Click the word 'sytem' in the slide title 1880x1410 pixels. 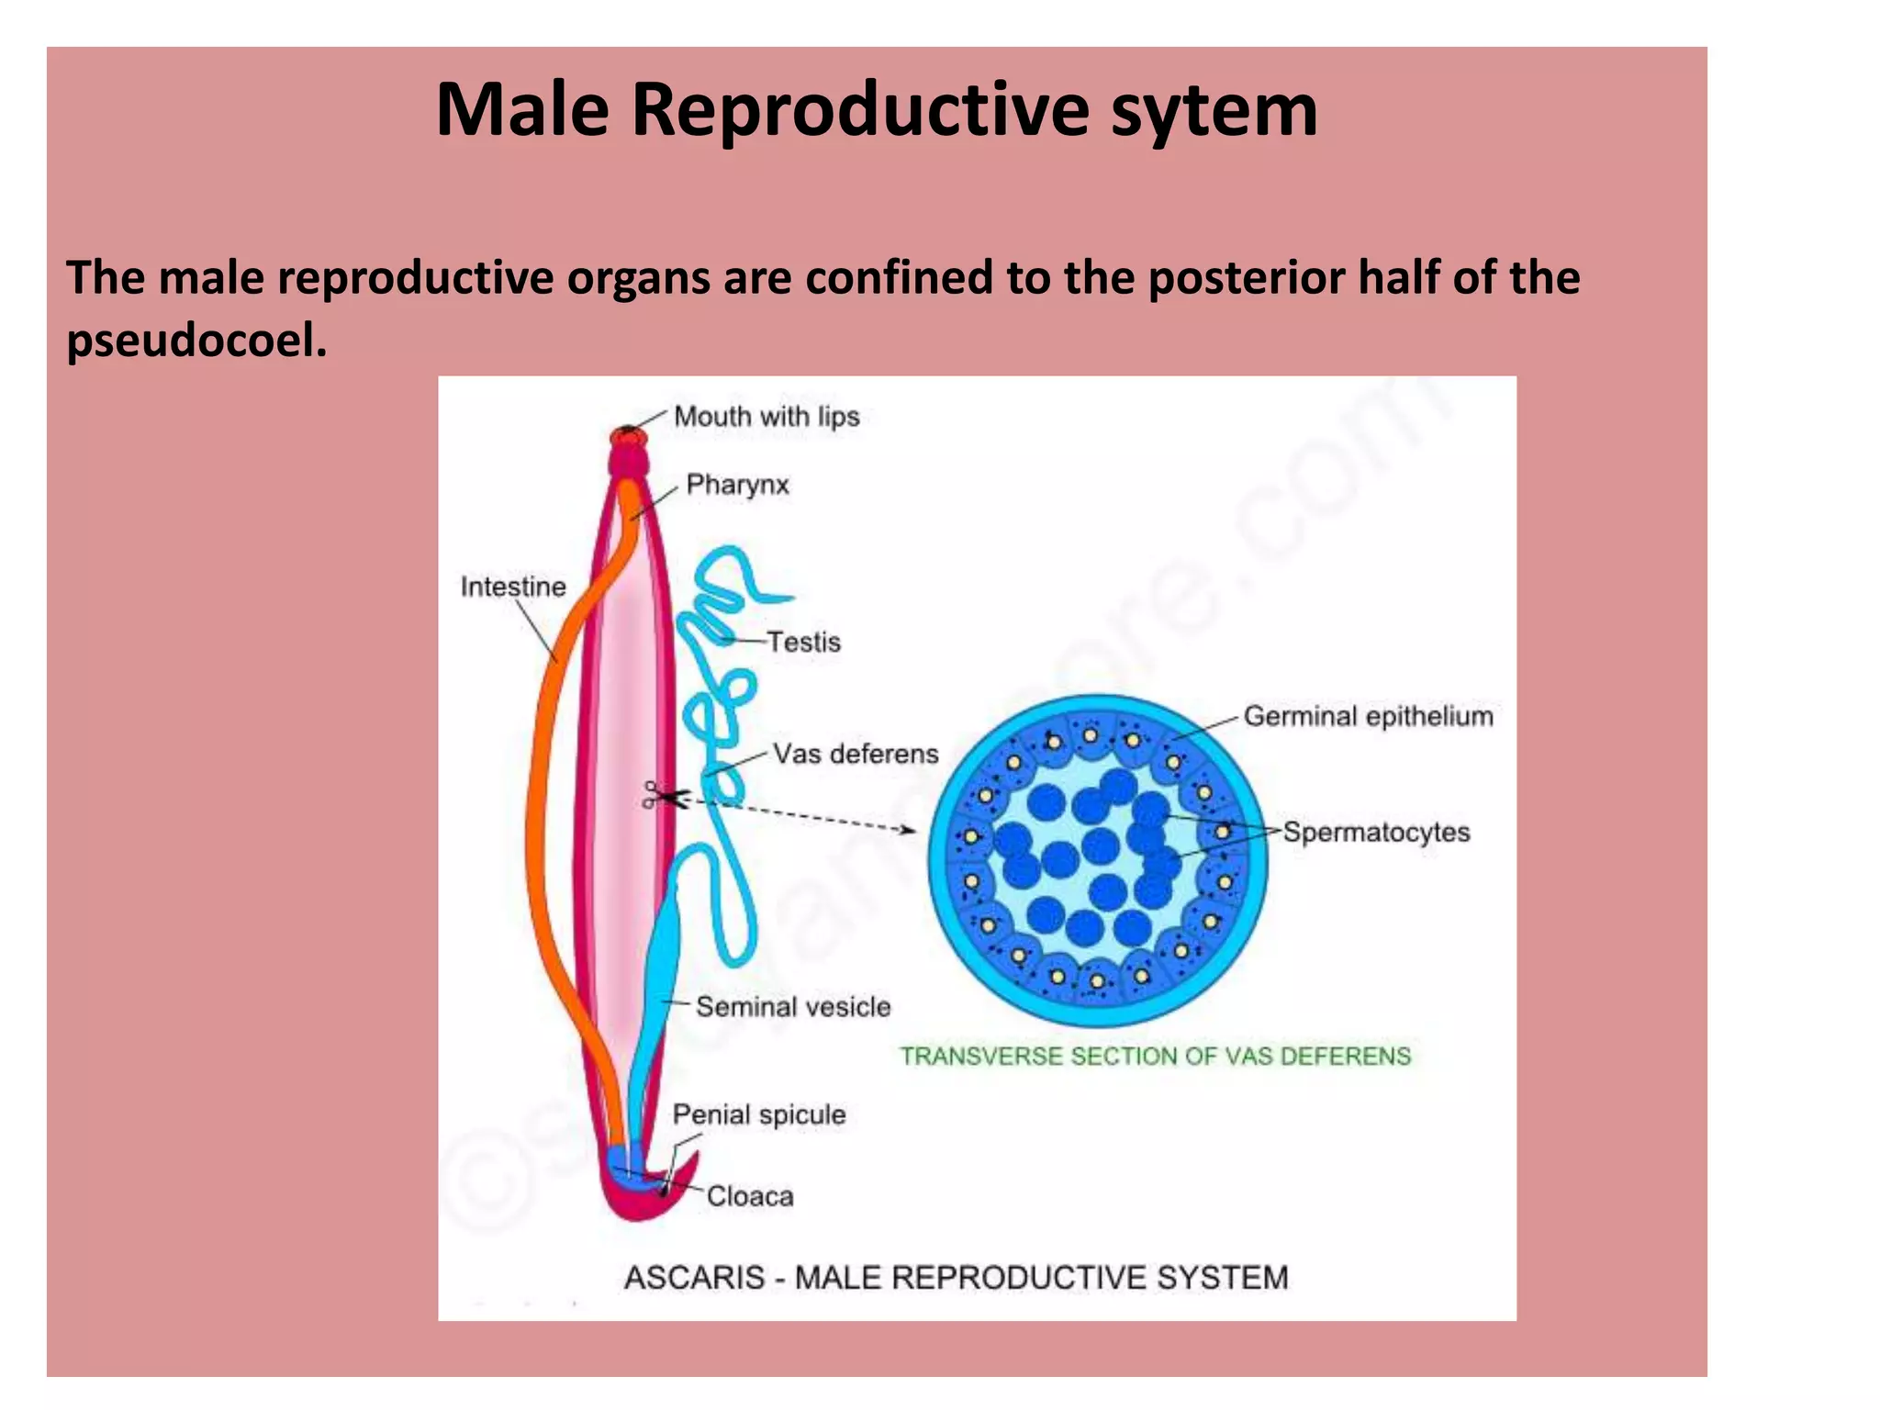[1214, 110]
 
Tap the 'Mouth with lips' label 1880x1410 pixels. [767, 417]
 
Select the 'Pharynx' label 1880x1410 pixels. [737, 485]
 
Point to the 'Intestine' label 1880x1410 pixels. [513, 587]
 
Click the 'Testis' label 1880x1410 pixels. [804, 642]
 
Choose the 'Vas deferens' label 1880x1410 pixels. [856, 754]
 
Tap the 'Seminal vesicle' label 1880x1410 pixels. [793, 1007]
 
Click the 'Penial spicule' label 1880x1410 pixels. [759, 1114]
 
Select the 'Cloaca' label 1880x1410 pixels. [750, 1196]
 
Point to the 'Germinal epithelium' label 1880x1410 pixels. [1368, 716]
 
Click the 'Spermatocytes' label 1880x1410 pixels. [1376, 833]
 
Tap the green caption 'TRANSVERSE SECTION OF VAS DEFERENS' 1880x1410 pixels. [1155, 1057]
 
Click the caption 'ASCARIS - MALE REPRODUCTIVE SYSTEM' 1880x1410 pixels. [957, 1277]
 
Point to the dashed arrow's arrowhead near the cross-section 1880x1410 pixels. [908, 830]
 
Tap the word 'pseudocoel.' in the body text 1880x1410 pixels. [196, 341]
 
